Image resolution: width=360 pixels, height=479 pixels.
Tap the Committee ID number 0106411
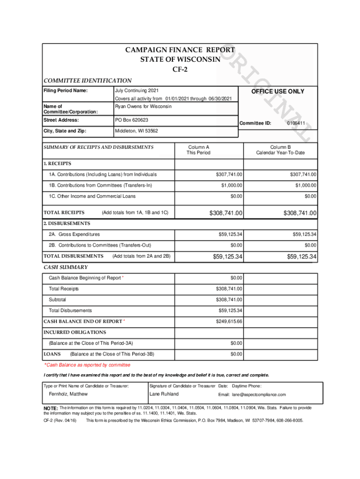[x=296, y=123]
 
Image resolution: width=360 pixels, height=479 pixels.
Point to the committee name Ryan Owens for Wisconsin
[x=143, y=107]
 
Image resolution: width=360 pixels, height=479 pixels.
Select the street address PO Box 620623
[x=131, y=120]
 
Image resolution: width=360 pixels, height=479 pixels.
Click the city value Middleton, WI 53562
[x=137, y=131]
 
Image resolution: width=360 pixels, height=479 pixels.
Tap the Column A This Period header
[x=199, y=150]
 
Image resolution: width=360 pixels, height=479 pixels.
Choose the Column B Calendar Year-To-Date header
[x=280, y=150]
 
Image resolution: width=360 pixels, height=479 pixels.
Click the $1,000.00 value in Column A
[x=231, y=186]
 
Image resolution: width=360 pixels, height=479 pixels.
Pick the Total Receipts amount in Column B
[x=300, y=213]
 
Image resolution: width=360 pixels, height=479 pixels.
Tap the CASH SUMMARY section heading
[x=65, y=267]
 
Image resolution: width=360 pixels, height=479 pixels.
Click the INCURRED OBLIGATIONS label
[x=75, y=332]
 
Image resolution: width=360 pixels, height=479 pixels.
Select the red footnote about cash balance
[x=87, y=365]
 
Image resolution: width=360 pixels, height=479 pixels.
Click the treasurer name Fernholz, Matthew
[x=68, y=394]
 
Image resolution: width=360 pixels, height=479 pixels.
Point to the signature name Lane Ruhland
[x=164, y=394]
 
